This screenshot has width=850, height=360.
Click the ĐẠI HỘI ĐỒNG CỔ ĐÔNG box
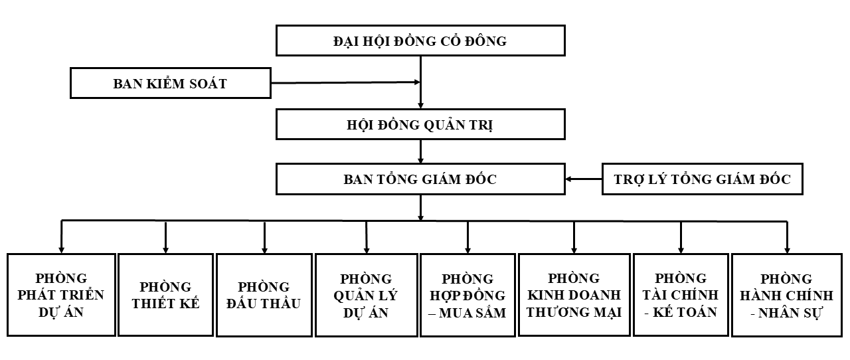pyautogui.click(x=420, y=41)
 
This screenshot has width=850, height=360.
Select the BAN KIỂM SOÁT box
pyautogui.click(x=171, y=84)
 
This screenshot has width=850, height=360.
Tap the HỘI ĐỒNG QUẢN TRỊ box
pyautogui.click(x=420, y=125)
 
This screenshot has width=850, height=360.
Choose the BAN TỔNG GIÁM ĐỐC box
pyautogui.click(x=420, y=179)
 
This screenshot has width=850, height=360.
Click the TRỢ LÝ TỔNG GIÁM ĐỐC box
pyautogui.click(x=702, y=179)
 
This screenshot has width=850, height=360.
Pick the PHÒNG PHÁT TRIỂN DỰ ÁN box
pyautogui.click(x=61, y=295)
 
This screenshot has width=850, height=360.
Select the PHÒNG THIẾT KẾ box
pyautogui.click(x=165, y=295)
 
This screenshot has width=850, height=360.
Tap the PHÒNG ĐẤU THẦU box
pyautogui.click(x=264, y=295)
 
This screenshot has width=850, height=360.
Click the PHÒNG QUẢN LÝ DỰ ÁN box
pyautogui.click(x=366, y=295)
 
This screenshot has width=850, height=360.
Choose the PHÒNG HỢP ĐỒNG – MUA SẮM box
pyautogui.click(x=467, y=295)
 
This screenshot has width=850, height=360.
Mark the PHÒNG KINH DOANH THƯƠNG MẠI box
pyautogui.click(x=574, y=295)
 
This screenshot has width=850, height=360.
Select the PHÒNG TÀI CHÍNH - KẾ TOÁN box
pyautogui.click(x=681, y=295)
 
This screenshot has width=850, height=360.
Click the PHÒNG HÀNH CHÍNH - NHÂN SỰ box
pyautogui.click(x=786, y=295)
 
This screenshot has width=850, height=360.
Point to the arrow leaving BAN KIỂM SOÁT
pyautogui.click(x=345, y=82)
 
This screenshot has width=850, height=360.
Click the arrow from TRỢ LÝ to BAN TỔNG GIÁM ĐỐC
pyautogui.click(x=584, y=179)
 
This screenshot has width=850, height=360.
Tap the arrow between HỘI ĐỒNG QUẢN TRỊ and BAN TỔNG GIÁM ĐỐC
pyautogui.click(x=420, y=151)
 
